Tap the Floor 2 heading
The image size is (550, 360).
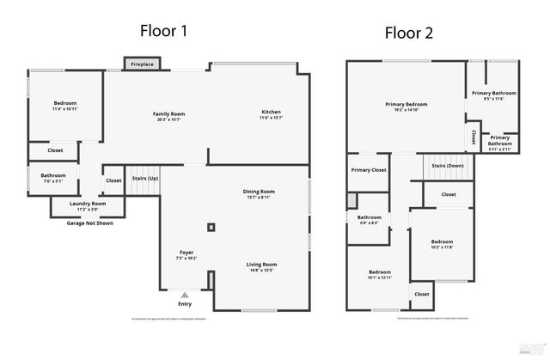409,34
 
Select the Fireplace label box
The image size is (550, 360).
143,64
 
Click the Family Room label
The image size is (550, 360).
169,115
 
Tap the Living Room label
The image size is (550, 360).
262,266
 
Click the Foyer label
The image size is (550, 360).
186,253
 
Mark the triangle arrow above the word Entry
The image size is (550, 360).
184,295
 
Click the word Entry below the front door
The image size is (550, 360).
185,304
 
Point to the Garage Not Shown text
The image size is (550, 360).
89,223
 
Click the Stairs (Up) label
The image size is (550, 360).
144,179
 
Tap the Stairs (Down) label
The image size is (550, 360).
447,165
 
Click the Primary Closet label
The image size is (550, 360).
369,170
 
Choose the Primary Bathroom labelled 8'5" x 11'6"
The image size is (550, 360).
493,95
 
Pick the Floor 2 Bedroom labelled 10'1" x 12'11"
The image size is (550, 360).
379,274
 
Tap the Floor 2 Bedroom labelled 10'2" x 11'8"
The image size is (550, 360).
442,244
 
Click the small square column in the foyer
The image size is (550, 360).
211,228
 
